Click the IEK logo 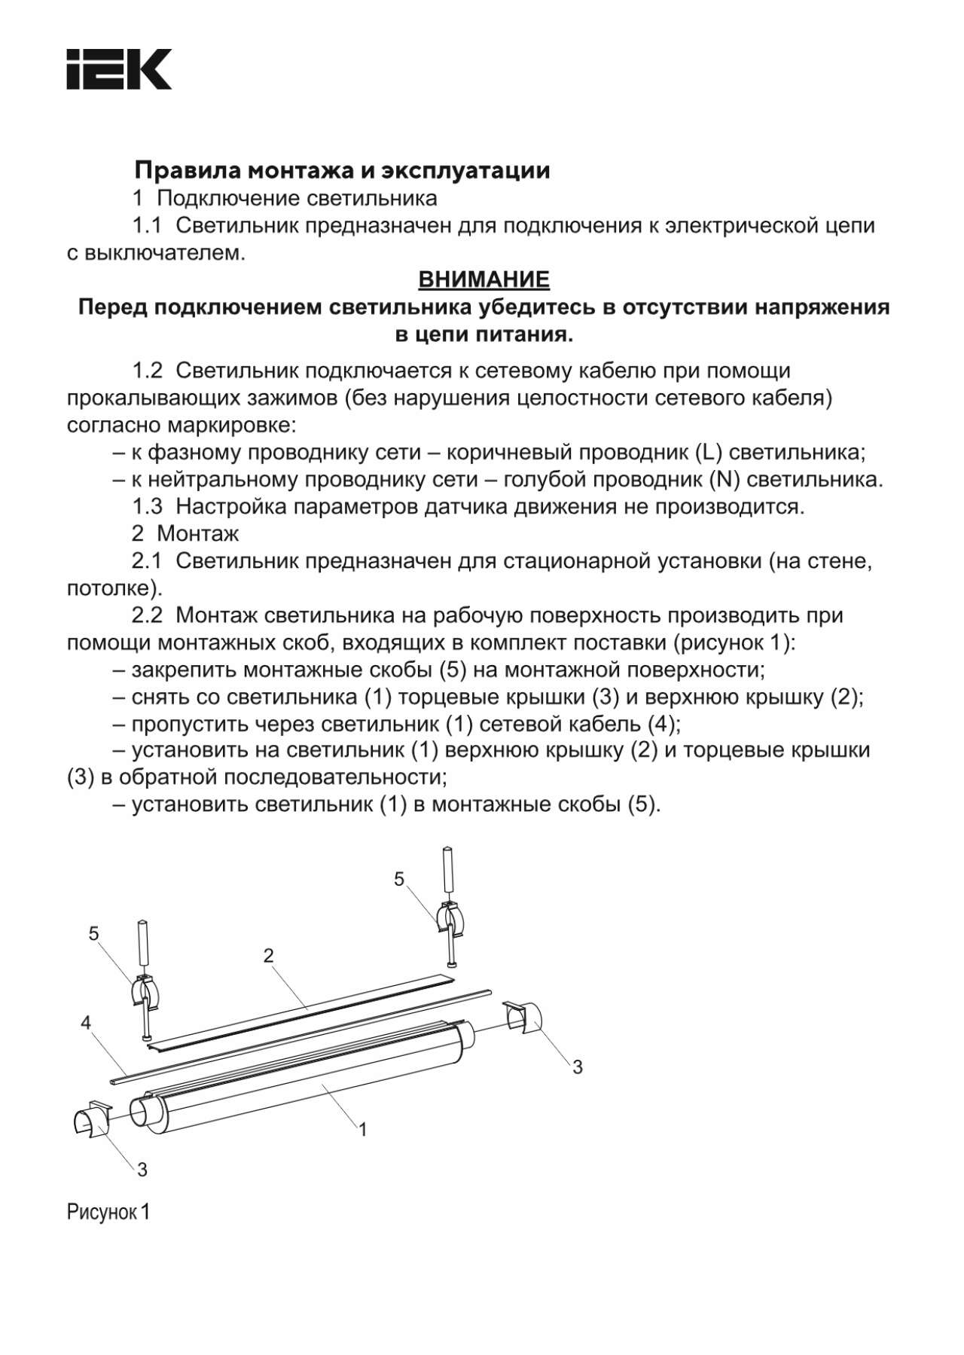coord(119,69)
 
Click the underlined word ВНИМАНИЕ coord(484,279)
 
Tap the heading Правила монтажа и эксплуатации coord(342,171)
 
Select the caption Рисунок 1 coord(108,1212)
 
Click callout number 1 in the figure coord(362,1129)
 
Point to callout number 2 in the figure coord(269,956)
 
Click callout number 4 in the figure coord(86,1022)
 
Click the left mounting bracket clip coord(148,993)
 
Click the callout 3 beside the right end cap coord(578,1067)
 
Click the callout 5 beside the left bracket coord(93,934)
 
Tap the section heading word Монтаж coord(198,534)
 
